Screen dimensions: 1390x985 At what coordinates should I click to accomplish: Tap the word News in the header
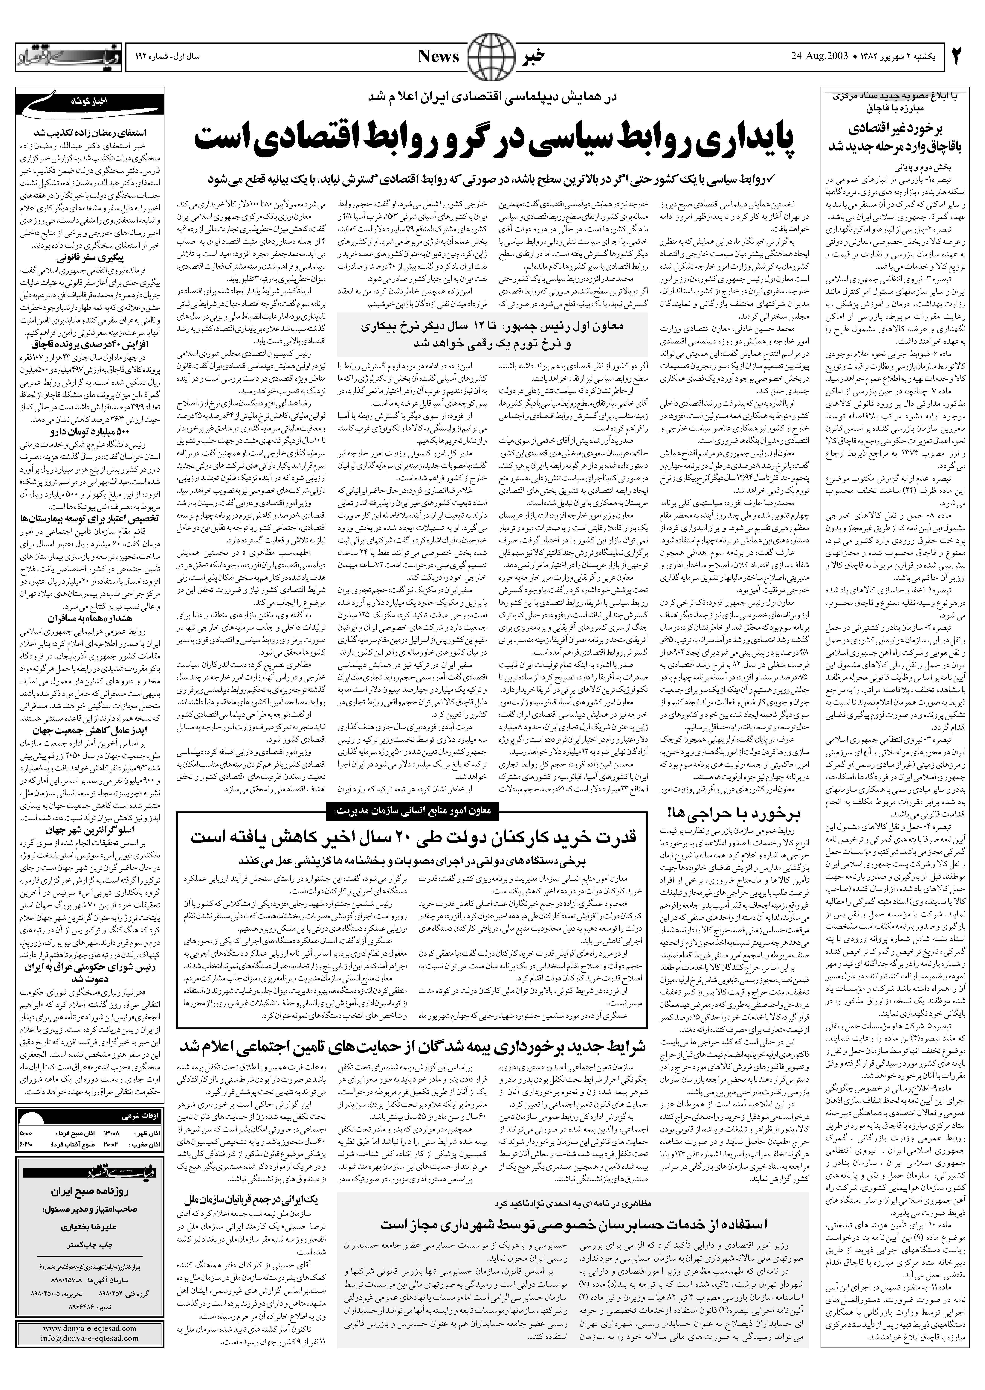click(439, 57)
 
